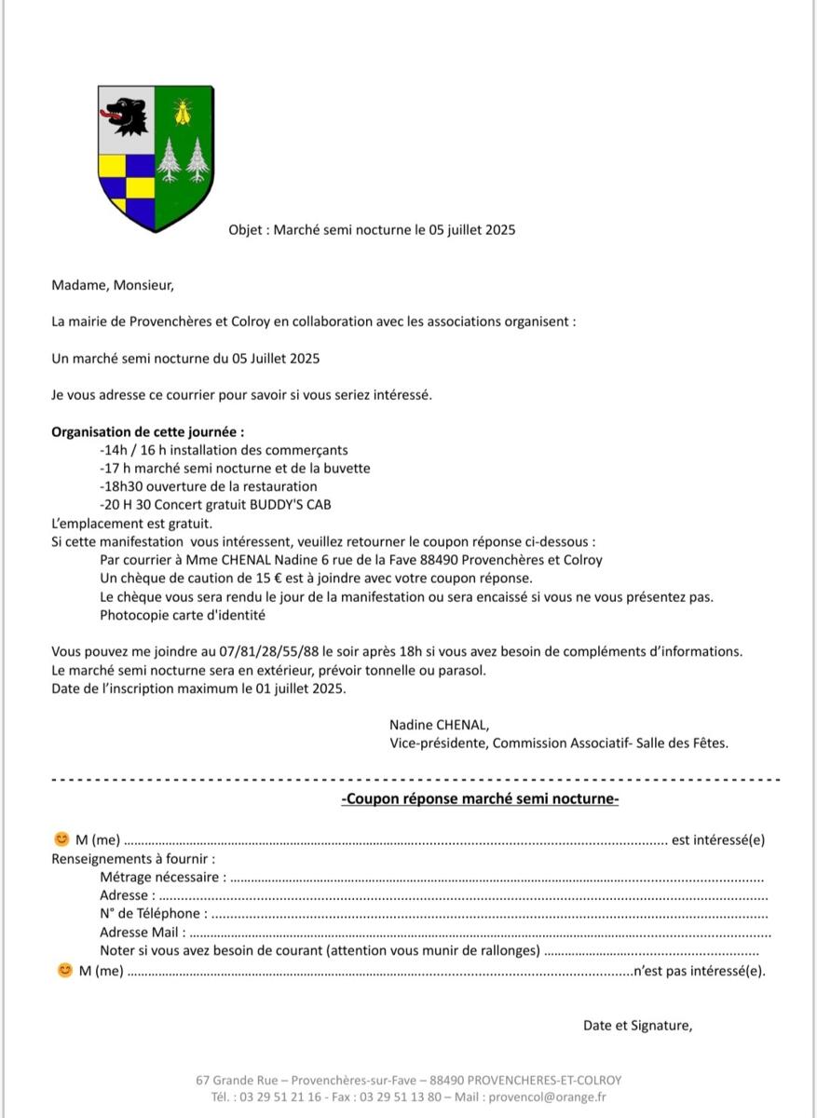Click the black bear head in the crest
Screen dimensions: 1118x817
tap(123, 115)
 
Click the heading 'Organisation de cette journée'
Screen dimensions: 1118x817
tap(148, 432)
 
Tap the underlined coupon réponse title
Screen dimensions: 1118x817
tap(480, 798)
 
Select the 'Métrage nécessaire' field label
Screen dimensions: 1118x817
tap(163, 877)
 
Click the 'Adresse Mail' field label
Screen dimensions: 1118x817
tap(143, 932)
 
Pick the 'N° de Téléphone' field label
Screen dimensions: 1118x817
tap(154, 913)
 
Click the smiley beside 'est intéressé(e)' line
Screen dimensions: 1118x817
tap(62, 839)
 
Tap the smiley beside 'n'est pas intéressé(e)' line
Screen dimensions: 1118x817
tap(64, 970)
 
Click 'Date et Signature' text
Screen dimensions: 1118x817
tap(638, 1026)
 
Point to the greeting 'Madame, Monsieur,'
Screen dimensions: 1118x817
tap(113, 286)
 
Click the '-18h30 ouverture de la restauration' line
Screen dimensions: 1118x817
tap(208, 486)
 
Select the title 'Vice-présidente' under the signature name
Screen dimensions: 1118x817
tap(437, 743)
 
